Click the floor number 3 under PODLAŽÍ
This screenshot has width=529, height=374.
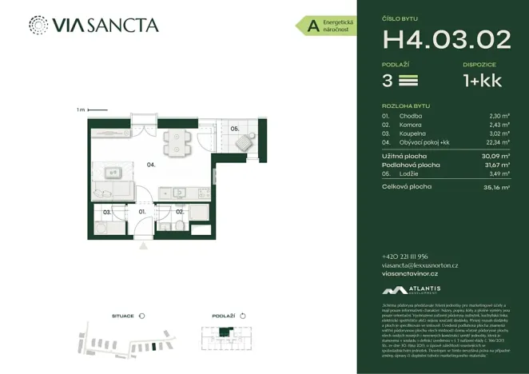pyautogui.click(x=388, y=80)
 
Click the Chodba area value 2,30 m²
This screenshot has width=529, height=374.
pyautogui.click(x=499, y=116)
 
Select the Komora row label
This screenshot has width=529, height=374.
pyautogui.click(x=410, y=125)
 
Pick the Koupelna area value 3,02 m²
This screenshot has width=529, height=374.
pyautogui.click(x=499, y=134)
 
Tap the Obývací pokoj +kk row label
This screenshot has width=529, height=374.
pyautogui.click(x=424, y=143)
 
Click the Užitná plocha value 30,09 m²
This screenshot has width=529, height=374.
pyautogui.click(x=498, y=156)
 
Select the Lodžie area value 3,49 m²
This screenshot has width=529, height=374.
pyautogui.click(x=499, y=173)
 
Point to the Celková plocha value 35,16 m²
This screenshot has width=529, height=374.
pyautogui.click(x=498, y=187)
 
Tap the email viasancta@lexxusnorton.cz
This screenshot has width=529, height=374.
pyautogui.click(x=420, y=265)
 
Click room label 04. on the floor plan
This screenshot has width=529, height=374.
pyautogui.click(x=149, y=165)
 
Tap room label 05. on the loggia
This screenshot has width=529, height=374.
pyautogui.click(x=235, y=128)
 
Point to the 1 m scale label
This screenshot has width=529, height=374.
pyautogui.click(x=81, y=109)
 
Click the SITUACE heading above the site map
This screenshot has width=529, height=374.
pyautogui.click(x=122, y=316)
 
